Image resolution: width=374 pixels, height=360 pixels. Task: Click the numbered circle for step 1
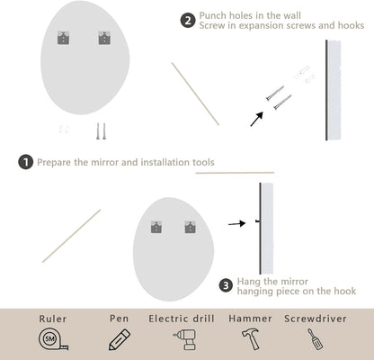click(x=25, y=162)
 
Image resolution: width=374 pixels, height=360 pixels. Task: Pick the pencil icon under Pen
click(x=119, y=340)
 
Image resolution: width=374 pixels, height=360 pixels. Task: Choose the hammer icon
click(x=250, y=340)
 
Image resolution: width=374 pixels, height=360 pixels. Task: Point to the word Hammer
click(x=250, y=319)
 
